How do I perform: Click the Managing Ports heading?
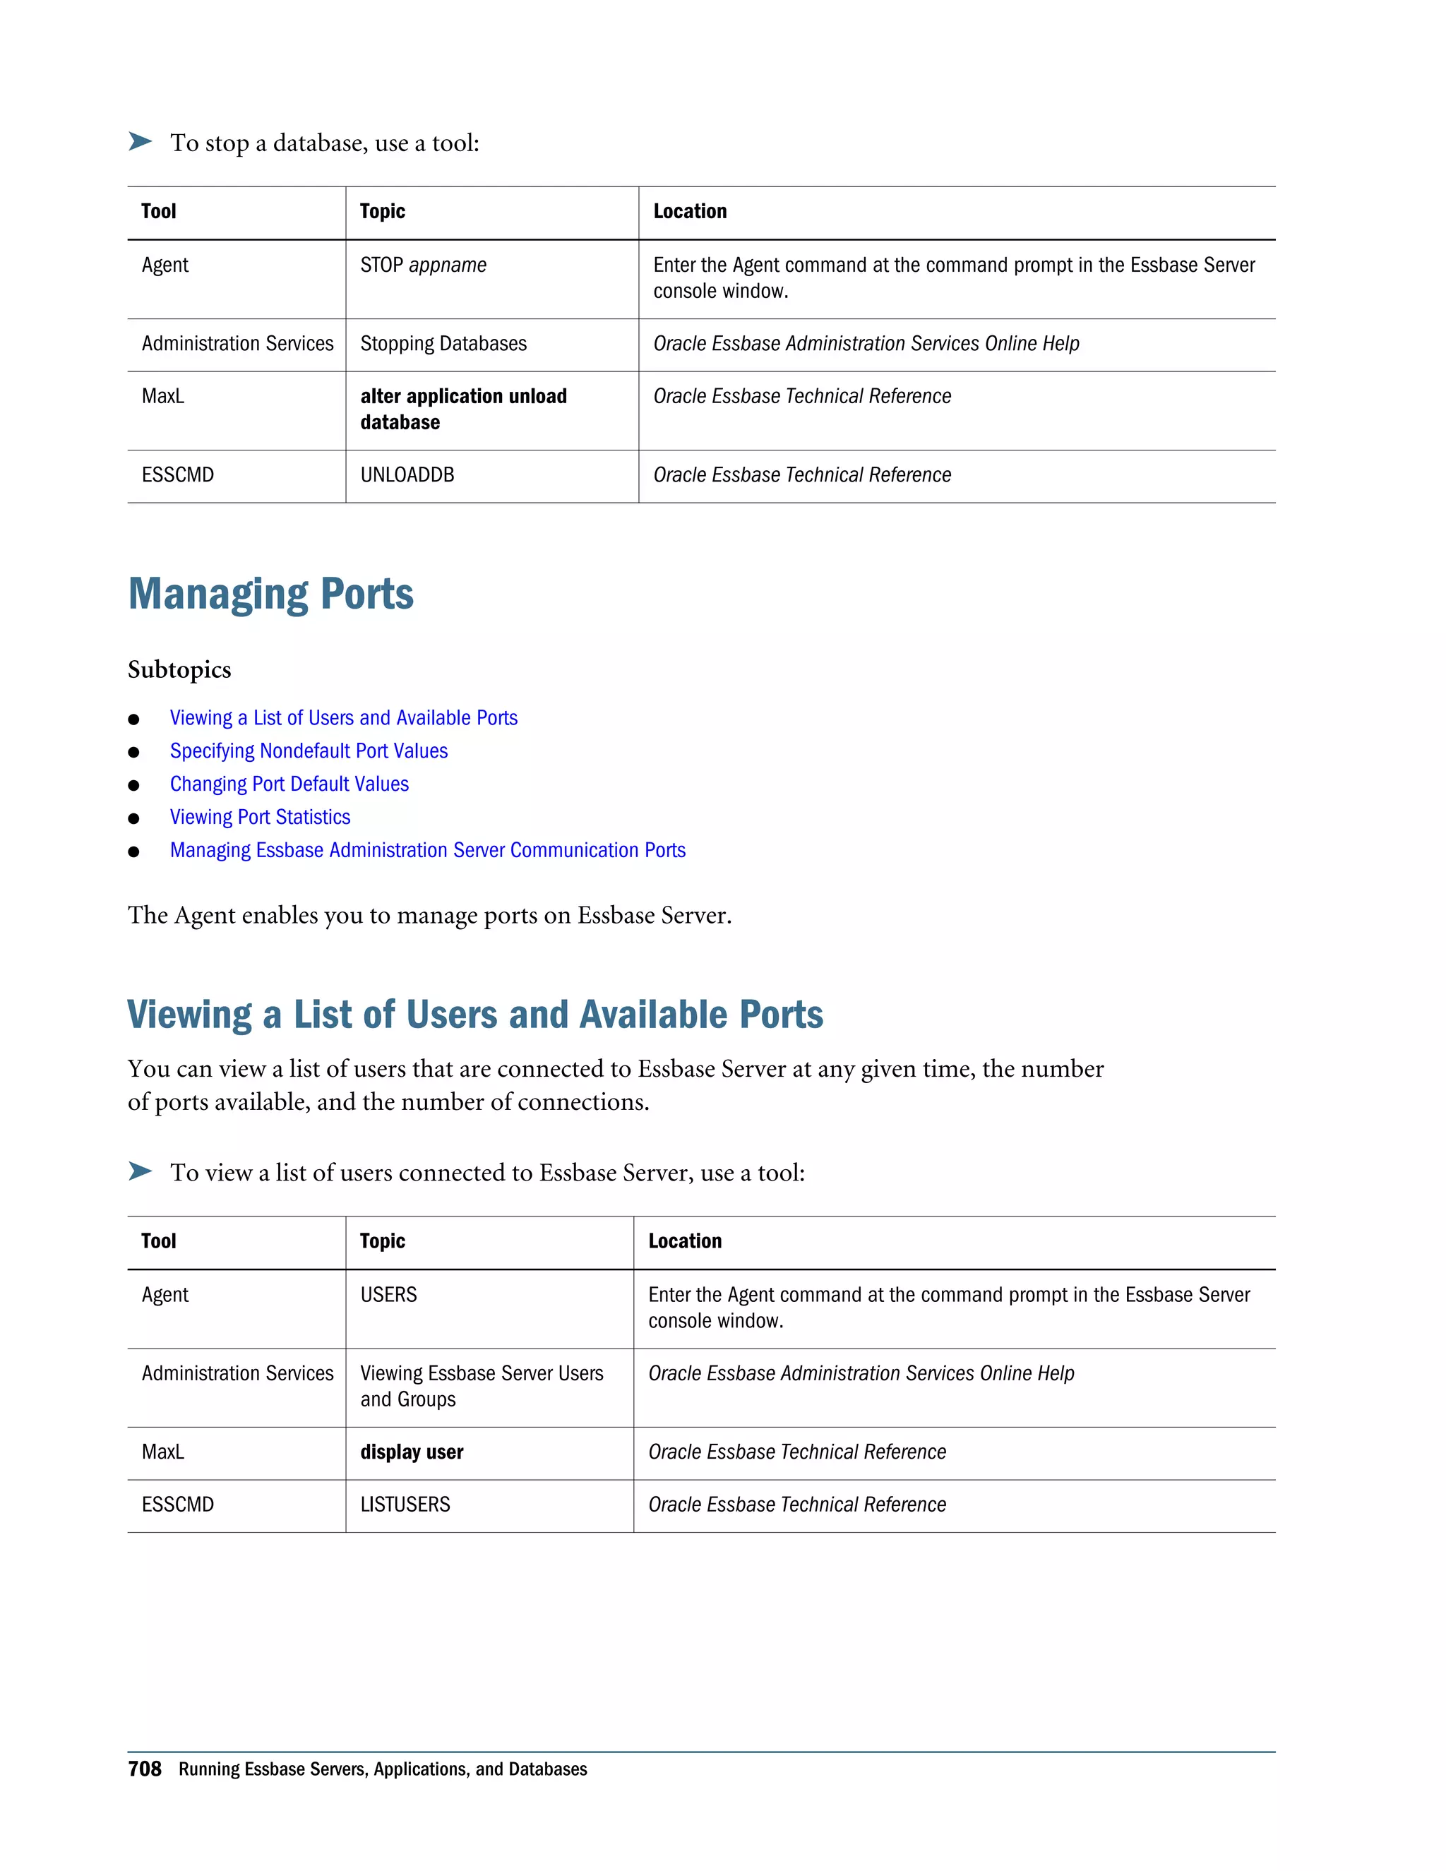pos(270,594)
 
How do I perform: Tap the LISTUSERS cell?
pos(405,1505)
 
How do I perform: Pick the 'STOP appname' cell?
pos(423,265)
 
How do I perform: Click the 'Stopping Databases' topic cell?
pos(443,344)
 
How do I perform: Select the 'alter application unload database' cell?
pos(462,409)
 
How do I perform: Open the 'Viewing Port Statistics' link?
pos(260,818)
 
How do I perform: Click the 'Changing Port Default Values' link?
pos(289,784)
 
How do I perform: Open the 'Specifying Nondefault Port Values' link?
pos(309,751)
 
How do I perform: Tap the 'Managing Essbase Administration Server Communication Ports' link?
pos(427,851)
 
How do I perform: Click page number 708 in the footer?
pos(144,1769)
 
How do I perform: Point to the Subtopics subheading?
pos(179,669)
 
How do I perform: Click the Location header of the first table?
pos(690,212)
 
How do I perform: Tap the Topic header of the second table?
pos(382,1241)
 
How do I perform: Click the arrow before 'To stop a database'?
pos(140,141)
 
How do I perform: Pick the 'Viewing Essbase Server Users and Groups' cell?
pos(481,1386)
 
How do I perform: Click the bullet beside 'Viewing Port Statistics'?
pos(133,819)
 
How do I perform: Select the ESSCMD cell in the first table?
pos(177,474)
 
